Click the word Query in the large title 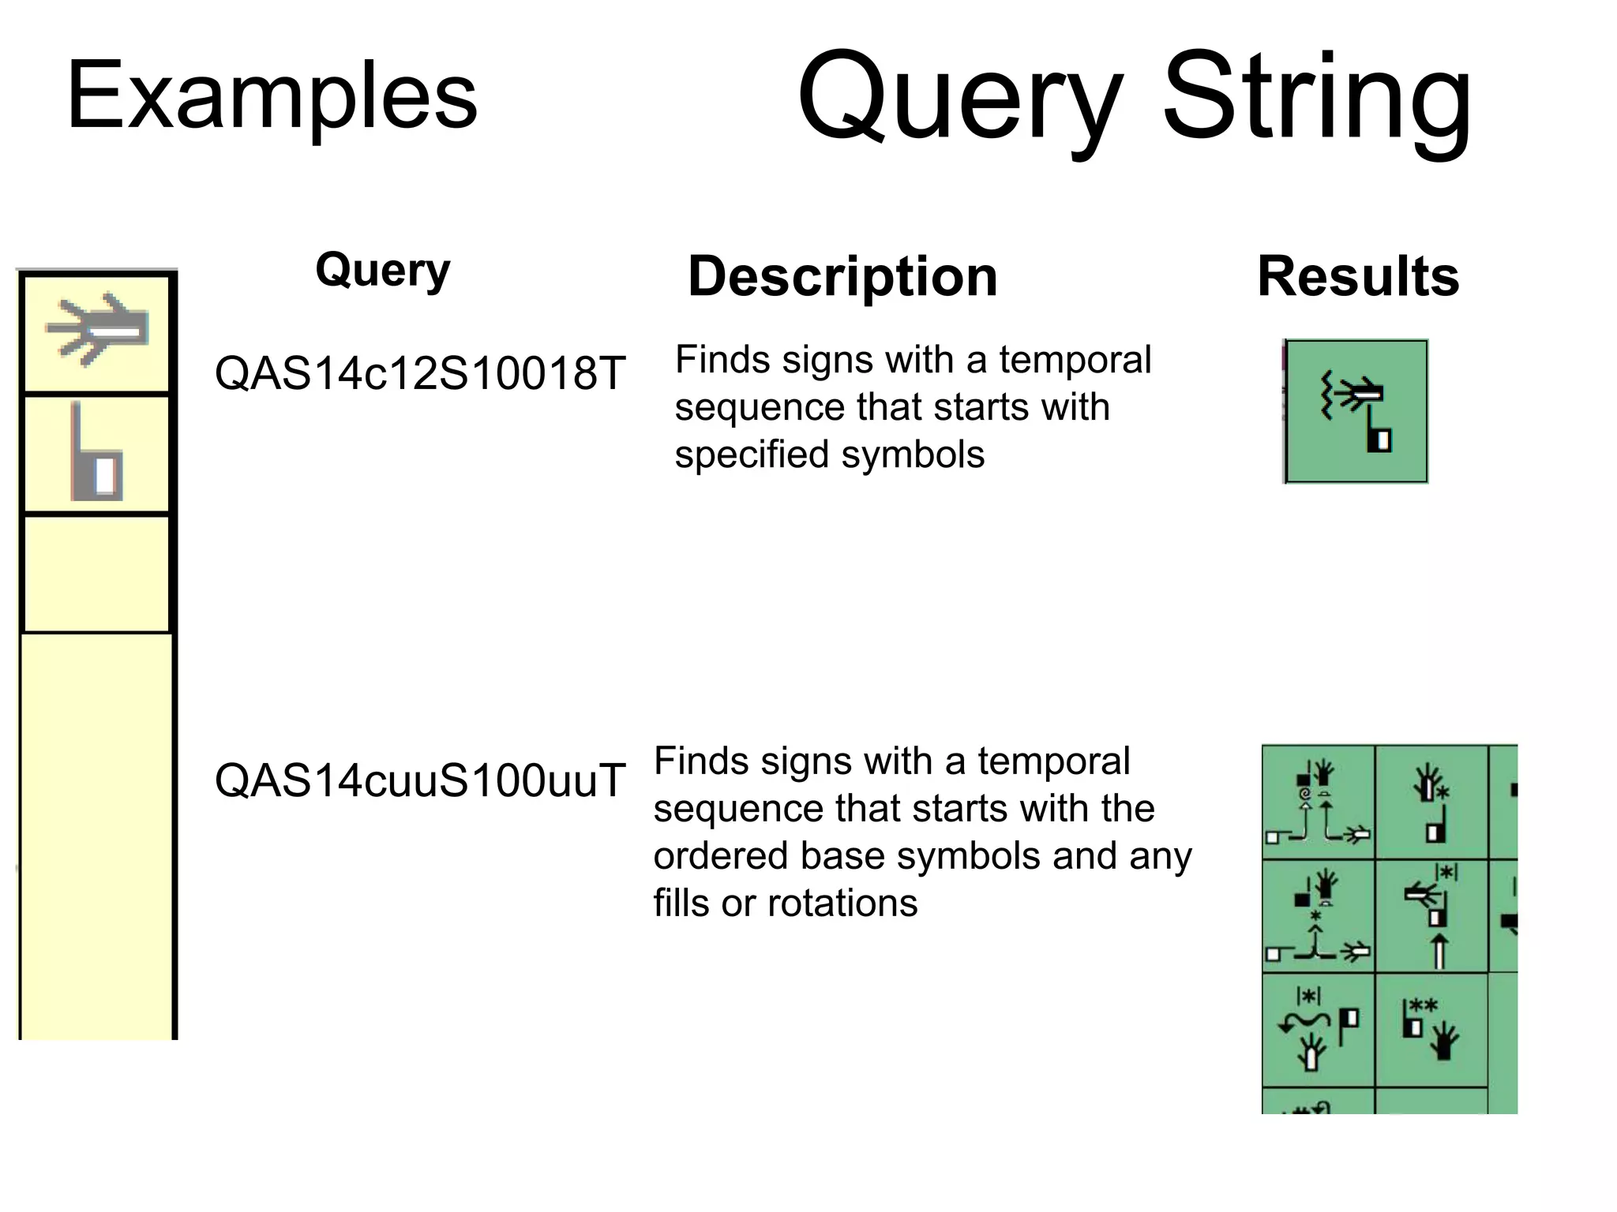960,98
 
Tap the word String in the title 1317,98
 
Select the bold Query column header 383,271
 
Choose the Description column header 842,277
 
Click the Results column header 1358,277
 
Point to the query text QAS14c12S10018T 420,373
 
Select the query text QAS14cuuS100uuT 420,780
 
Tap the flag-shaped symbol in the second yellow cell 96,454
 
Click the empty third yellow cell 96,574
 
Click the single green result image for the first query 1356,411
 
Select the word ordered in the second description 718,856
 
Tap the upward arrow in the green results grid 1439,951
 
